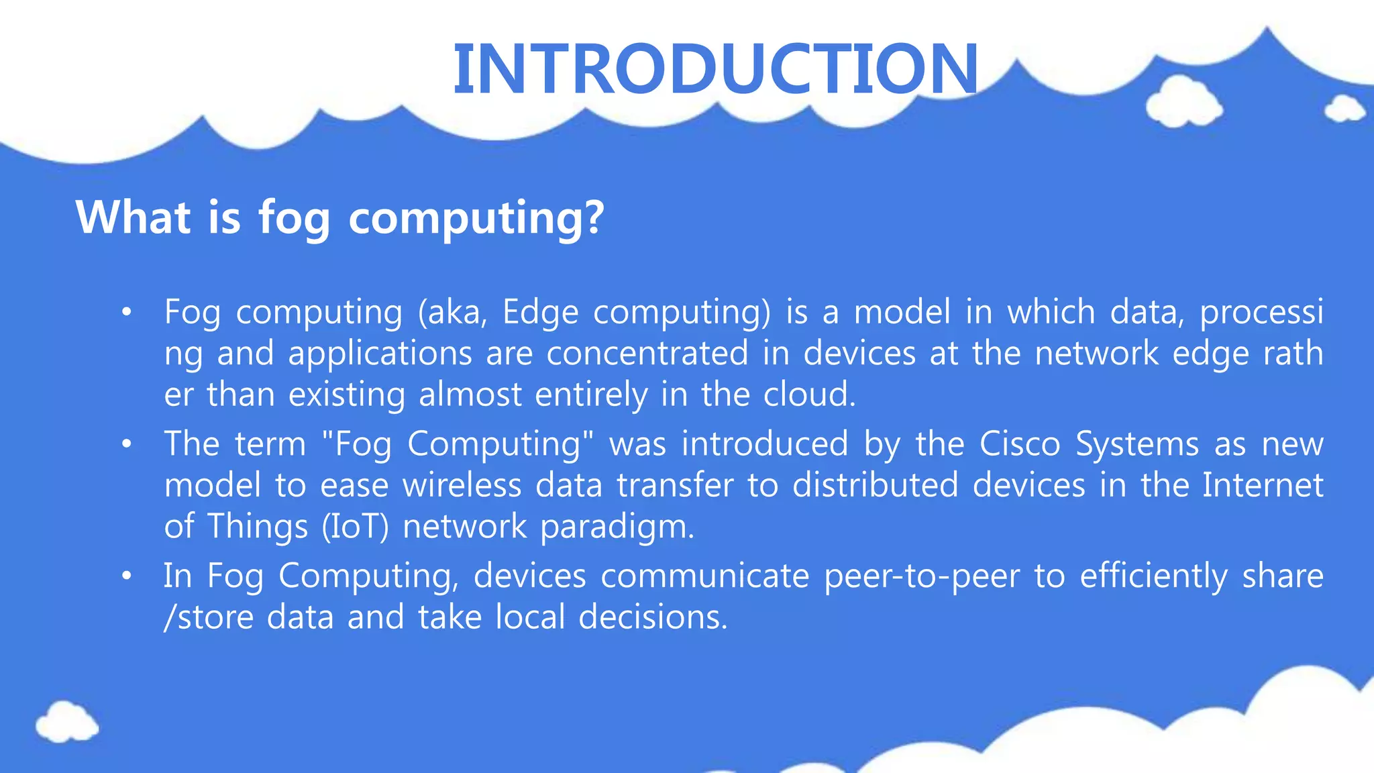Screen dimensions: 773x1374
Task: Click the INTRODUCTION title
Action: (715, 68)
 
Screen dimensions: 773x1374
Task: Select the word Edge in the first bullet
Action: (540, 313)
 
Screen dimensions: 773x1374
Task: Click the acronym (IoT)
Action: (355, 527)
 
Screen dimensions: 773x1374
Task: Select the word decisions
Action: (653, 617)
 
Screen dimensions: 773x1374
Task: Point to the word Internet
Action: (1262, 485)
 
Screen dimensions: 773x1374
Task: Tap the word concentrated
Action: (647, 354)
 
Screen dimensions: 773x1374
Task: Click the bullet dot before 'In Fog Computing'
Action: (126, 576)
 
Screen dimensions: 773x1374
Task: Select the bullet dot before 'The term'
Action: (126, 444)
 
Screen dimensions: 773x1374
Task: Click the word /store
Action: (209, 617)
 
